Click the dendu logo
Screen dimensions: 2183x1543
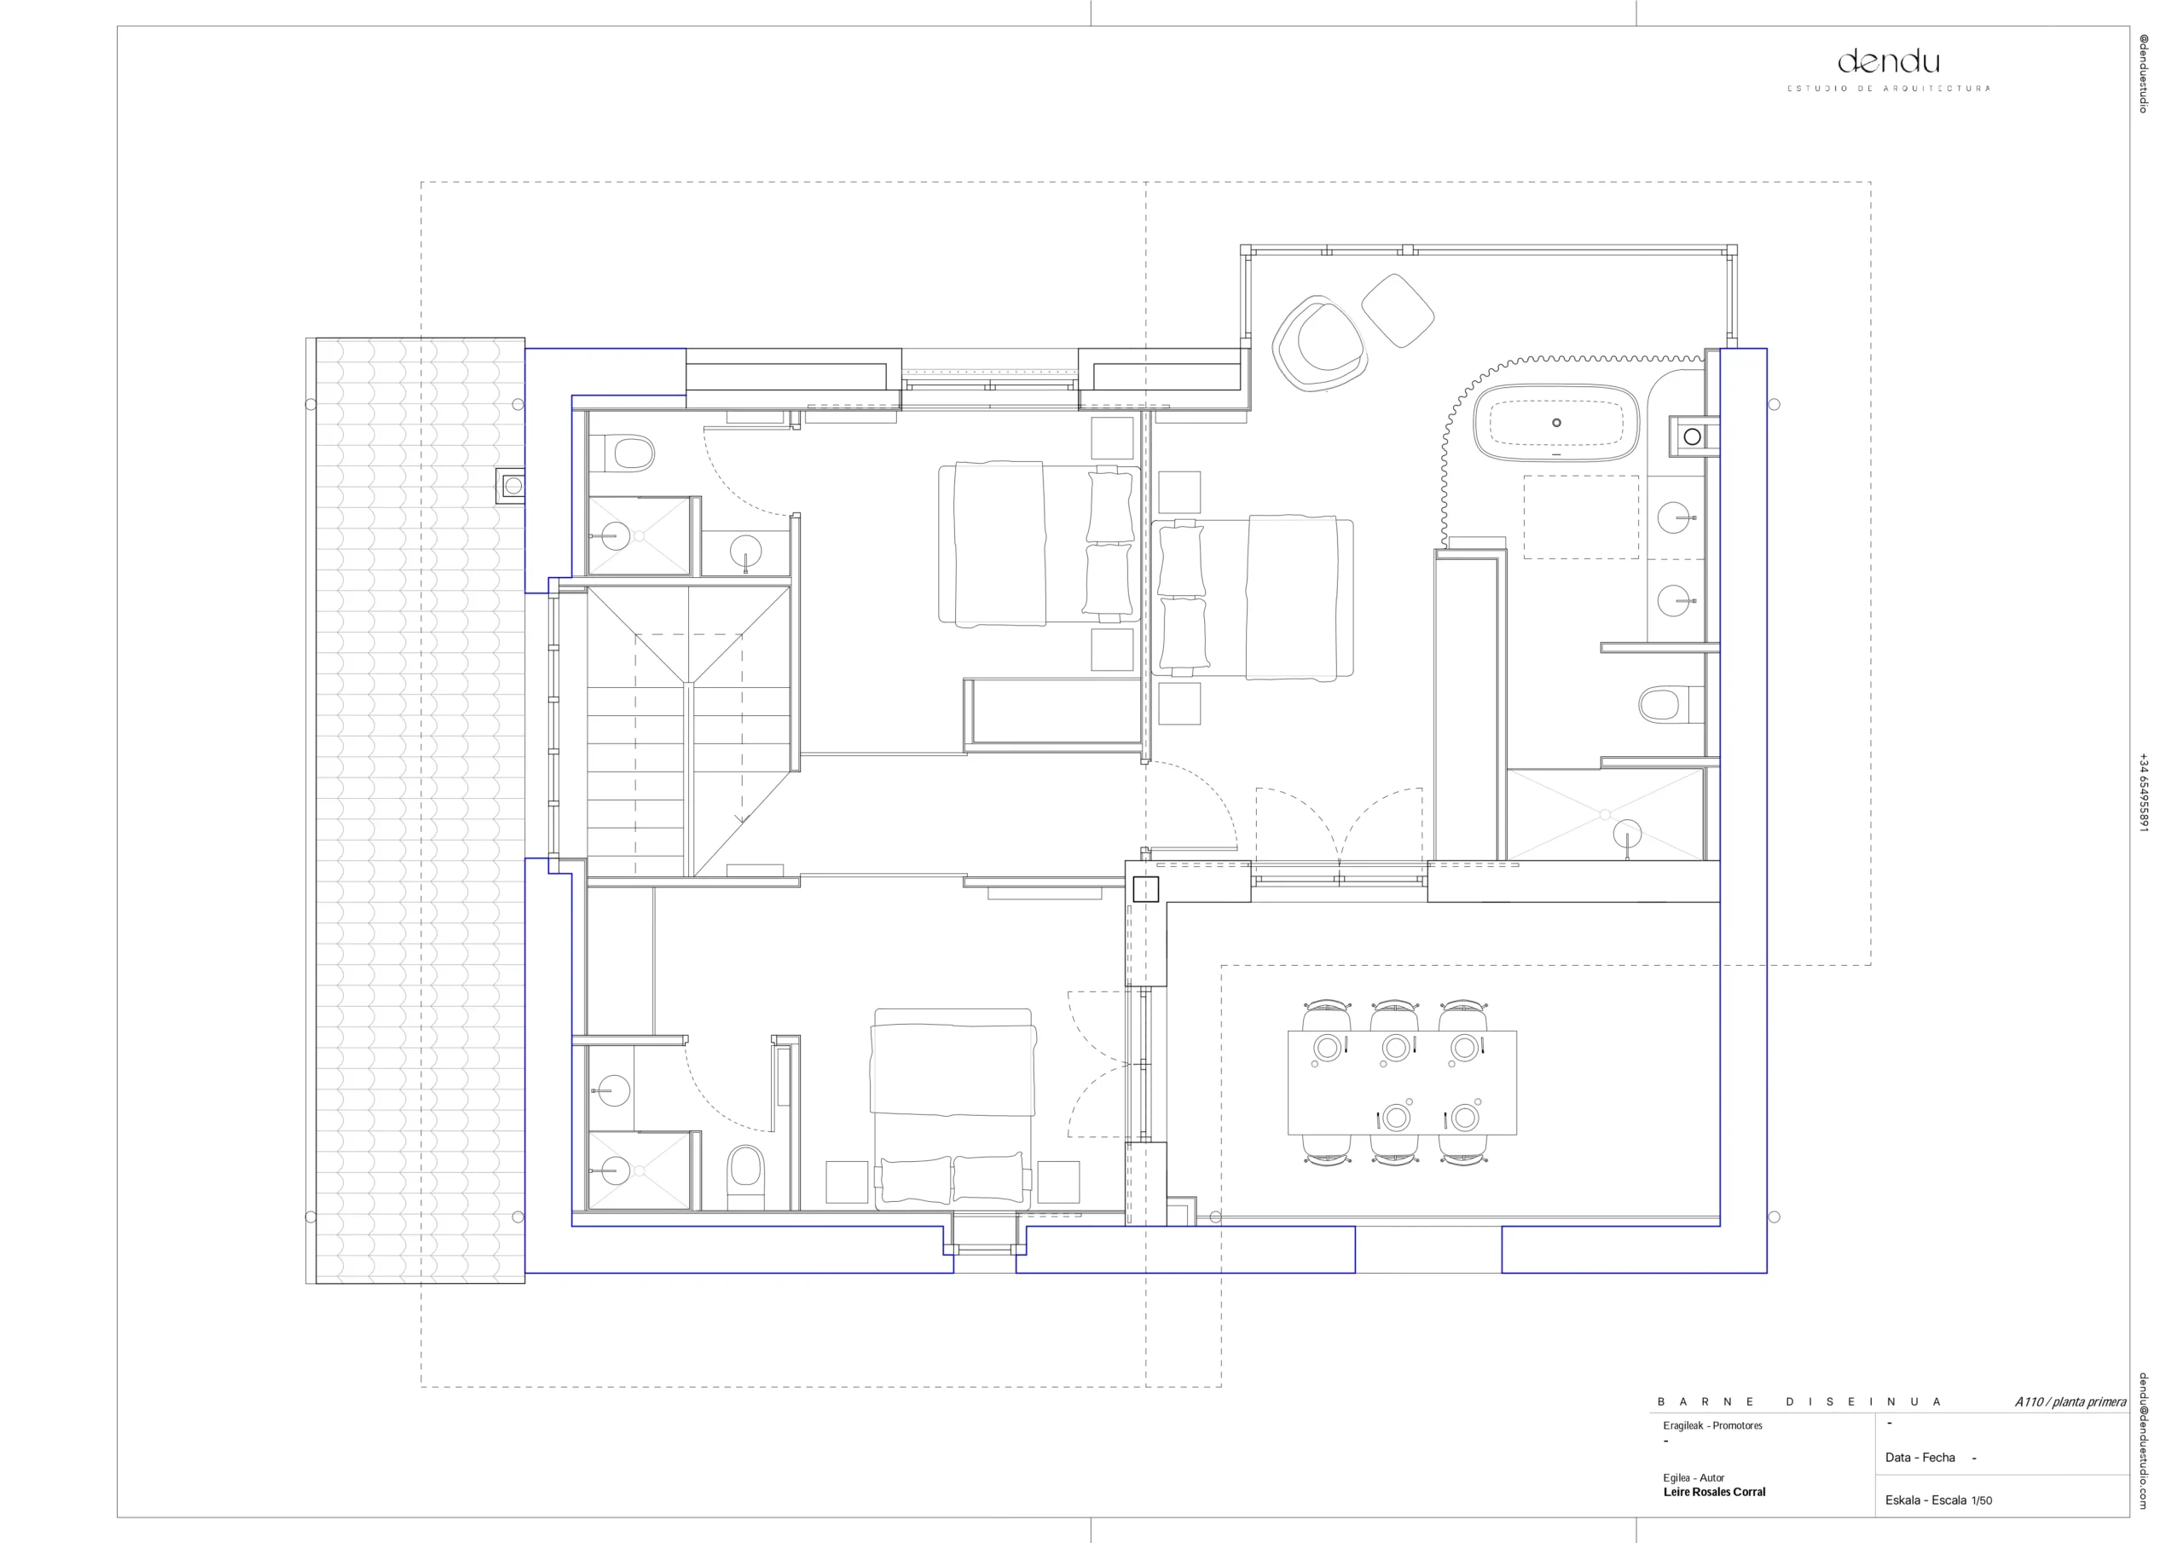click(1888, 63)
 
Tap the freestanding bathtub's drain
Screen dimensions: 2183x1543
click(1556, 423)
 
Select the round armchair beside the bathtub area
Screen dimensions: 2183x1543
click(1321, 344)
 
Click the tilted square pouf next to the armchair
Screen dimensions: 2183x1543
click(1398, 310)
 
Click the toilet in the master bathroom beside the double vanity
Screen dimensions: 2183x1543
click(1663, 704)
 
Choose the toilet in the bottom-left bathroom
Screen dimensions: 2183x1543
click(745, 1177)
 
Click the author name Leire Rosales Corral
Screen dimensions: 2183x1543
click(1714, 1492)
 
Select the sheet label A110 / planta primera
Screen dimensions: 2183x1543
click(2070, 1402)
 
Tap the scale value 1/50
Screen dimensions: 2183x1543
click(1982, 1500)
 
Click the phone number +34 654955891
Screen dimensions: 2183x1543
click(2143, 793)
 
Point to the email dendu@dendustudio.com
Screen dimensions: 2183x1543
click(2143, 1441)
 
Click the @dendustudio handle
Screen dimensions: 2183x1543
click(2143, 73)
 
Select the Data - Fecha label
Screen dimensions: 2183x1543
click(1920, 1458)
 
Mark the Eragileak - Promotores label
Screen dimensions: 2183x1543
click(1712, 1425)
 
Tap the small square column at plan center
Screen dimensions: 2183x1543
click(1146, 889)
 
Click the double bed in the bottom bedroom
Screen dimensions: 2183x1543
click(953, 1108)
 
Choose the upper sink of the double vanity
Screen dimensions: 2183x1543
click(1676, 518)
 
